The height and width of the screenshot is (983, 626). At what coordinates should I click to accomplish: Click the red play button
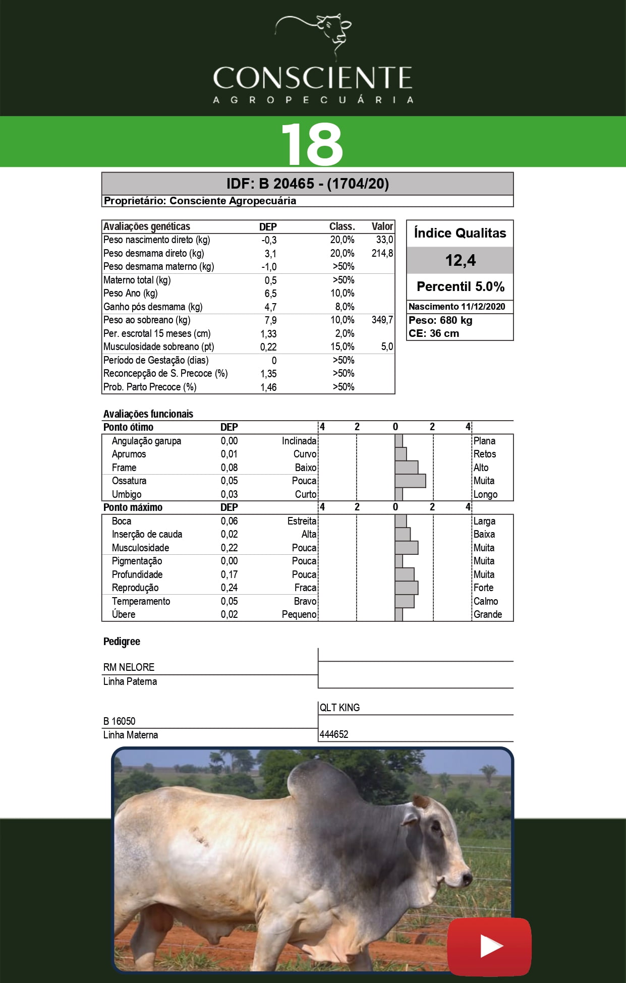click(x=489, y=946)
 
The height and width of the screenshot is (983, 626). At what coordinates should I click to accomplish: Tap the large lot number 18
click(x=312, y=144)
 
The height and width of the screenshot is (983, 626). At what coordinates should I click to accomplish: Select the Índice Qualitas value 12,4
click(x=460, y=260)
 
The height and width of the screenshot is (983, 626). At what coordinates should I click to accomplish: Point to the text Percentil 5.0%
click(x=460, y=286)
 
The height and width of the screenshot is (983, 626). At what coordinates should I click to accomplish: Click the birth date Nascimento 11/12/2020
click(x=457, y=307)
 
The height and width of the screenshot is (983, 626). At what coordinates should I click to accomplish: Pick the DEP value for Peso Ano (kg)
click(x=270, y=294)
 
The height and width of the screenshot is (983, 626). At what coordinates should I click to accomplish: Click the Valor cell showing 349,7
click(x=382, y=320)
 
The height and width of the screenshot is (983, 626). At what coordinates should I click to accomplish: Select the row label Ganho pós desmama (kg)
click(x=153, y=307)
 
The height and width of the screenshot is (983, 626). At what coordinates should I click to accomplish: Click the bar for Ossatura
click(x=410, y=481)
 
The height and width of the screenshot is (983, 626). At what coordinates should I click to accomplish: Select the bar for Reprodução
click(x=406, y=588)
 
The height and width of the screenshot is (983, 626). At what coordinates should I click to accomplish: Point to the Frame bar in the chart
click(x=406, y=468)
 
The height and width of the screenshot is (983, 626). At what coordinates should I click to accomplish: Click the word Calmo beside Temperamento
click(x=485, y=601)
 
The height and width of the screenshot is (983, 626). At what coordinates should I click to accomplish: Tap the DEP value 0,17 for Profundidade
click(x=229, y=574)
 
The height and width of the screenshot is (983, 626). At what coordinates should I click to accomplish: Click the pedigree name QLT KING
click(x=339, y=708)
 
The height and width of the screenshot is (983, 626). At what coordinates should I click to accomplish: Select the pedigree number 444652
click(x=334, y=734)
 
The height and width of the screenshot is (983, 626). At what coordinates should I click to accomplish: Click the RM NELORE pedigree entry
click(x=129, y=667)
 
